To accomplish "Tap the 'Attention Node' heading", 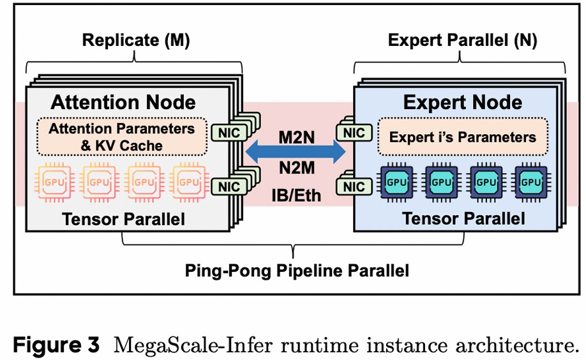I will pyautogui.click(x=123, y=102).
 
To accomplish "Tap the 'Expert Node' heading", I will pyautogui.click(x=463, y=102).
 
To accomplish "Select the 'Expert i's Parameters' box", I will pyautogui.click(x=463, y=137).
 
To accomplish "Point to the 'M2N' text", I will pyautogui.click(x=296, y=136).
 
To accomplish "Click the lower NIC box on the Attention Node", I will pyautogui.click(x=226, y=187).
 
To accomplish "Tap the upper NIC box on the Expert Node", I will pyautogui.click(x=355, y=133).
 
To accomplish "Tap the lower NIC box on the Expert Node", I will pyautogui.click(x=355, y=186).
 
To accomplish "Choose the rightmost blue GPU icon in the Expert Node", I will pyautogui.click(x=531, y=181).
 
